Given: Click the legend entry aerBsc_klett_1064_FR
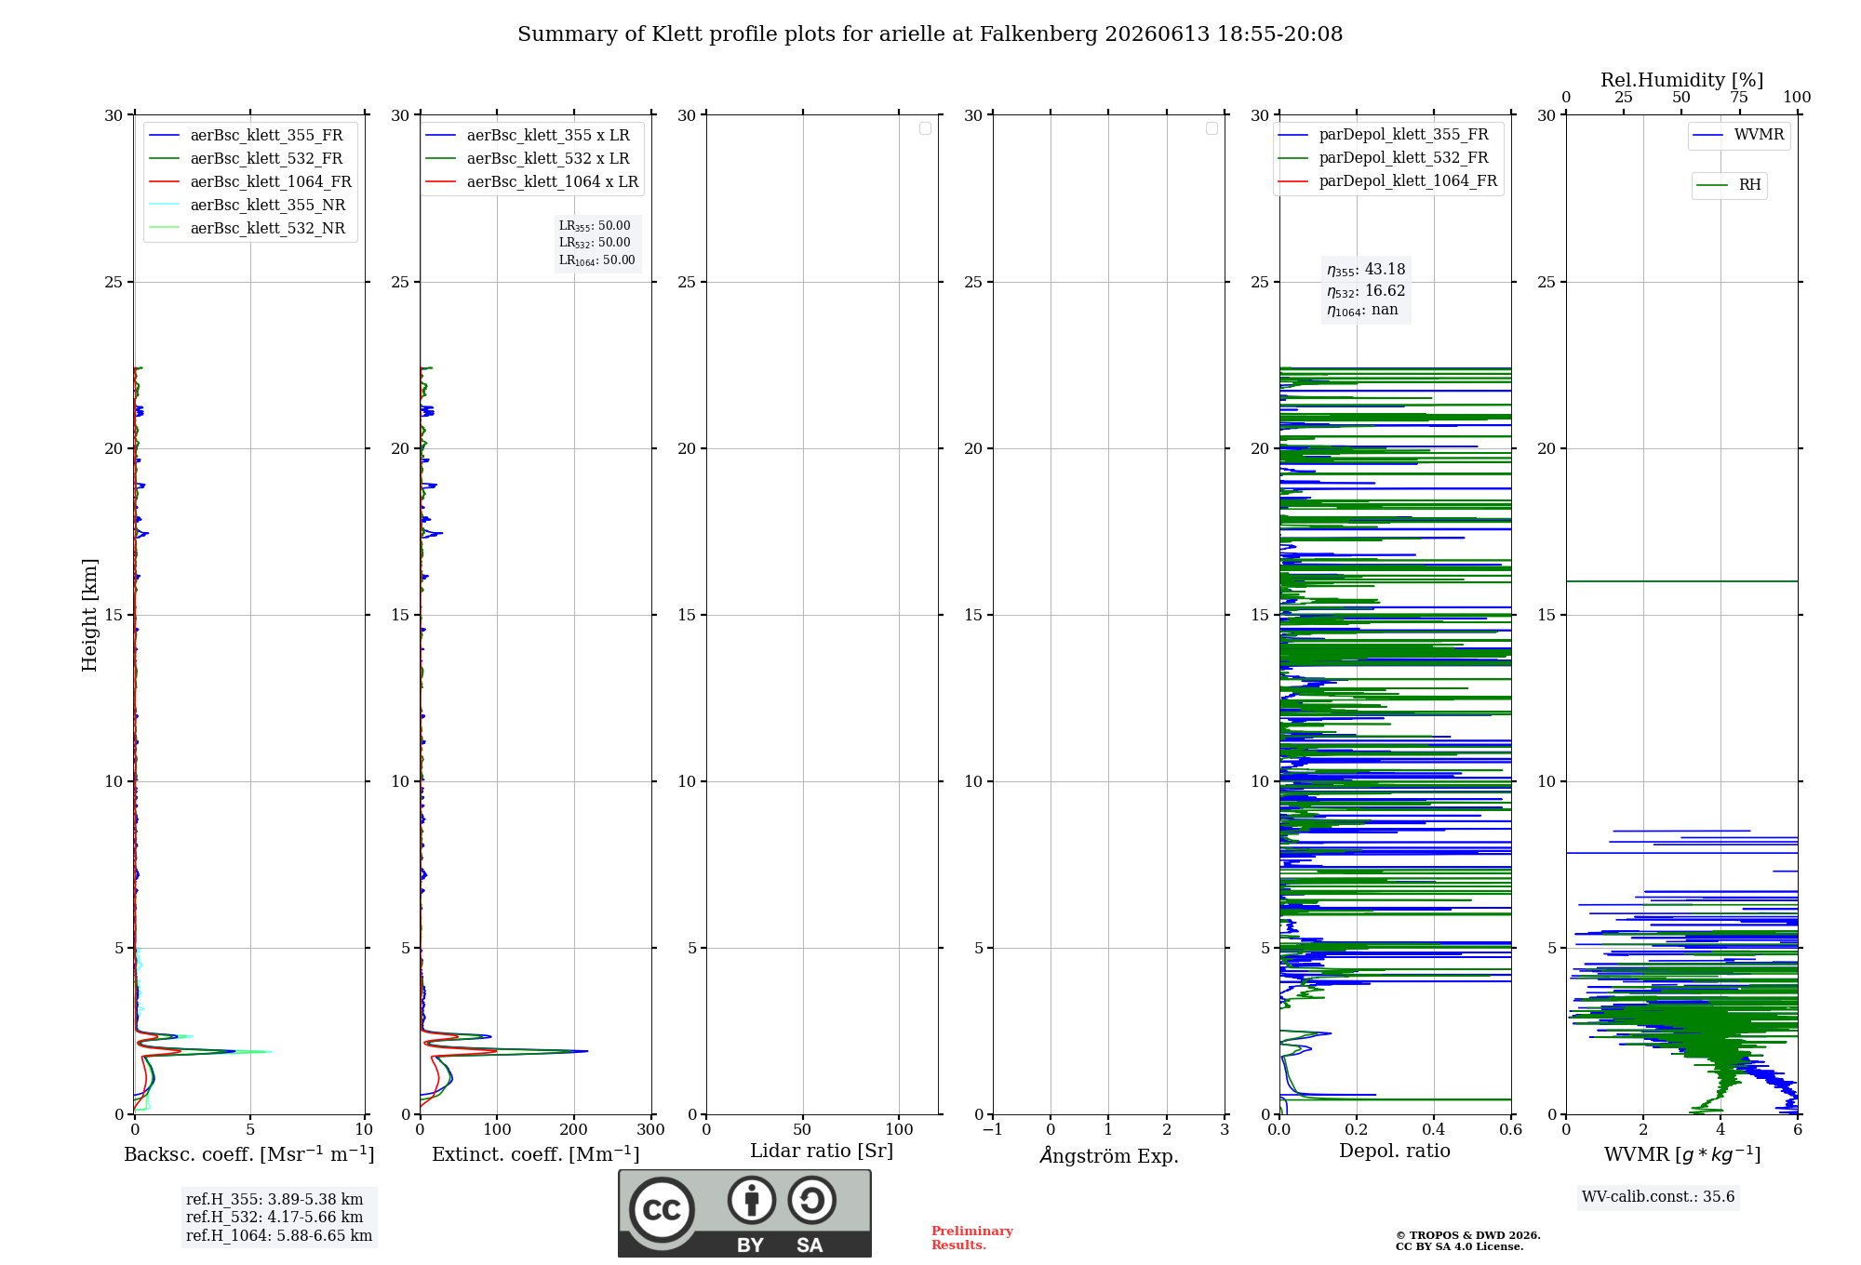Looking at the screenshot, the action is coord(250,181).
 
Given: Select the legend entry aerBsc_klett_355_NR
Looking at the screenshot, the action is coord(248,205).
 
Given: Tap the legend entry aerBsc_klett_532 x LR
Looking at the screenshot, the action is coord(528,158).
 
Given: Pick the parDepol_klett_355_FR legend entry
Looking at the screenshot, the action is coord(1383,135).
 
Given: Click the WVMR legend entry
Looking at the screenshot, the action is coord(1738,135).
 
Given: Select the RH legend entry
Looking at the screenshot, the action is coord(1729,185).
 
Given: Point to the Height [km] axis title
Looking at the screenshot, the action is coord(89,615).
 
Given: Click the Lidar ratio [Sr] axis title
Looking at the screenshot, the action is coord(822,1151).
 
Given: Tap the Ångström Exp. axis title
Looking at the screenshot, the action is coord(1109,1154).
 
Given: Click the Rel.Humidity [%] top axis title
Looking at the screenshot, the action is coord(1682,80).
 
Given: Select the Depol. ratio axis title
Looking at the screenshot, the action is coord(1395,1151).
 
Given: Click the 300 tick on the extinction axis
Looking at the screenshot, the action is coord(651,1129).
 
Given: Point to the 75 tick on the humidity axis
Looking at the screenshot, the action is coord(1739,98).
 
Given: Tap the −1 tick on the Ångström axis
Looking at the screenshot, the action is coord(993,1129).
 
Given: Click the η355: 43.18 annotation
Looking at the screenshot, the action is coord(1366,270).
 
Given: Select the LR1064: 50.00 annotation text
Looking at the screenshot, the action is coord(596,260).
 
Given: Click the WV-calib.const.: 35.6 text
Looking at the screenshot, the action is coord(1658,1197).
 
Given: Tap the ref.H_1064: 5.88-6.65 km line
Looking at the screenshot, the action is coord(279,1235).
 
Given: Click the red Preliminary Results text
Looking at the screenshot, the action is coord(972,1238).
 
